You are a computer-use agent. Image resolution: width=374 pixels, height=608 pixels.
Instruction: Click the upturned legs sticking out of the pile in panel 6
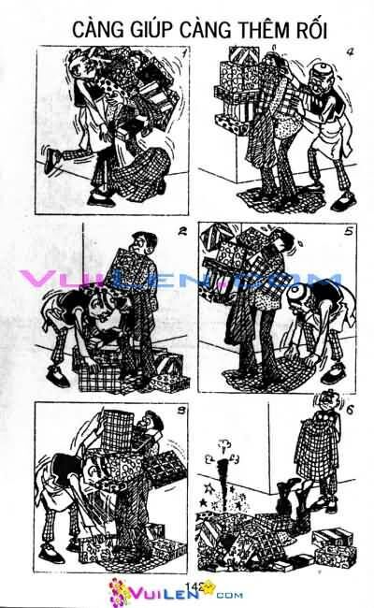293,496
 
